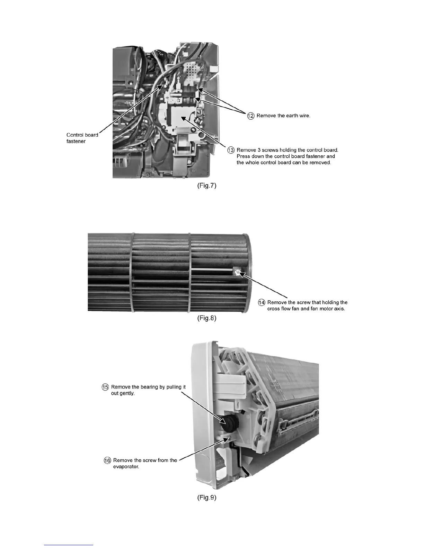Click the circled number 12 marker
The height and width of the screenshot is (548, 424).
(x=250, y=116)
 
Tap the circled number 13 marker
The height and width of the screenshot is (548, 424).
(x=231, y=150)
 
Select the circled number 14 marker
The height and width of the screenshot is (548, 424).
(x=262, y=302)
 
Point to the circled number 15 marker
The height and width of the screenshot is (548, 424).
(x=105, y=387)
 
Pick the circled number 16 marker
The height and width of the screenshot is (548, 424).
(x=107, y=460)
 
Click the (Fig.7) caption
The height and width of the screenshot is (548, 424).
(x=204, y=186)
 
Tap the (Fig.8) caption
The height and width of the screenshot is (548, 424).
(x=204, y=319)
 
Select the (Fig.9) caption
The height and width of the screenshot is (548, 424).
(x=206, y=498)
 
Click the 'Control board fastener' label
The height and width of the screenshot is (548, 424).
(x=82, y=138)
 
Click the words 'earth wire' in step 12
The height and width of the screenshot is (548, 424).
(x=298, y=116)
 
